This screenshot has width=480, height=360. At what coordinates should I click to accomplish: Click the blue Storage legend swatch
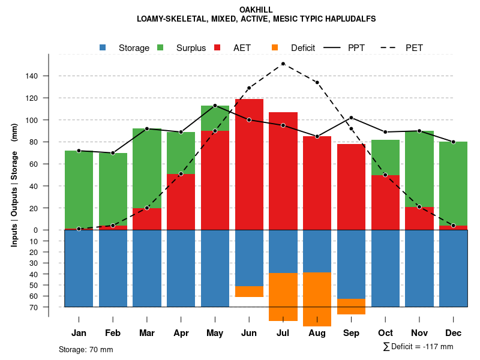[103, 47]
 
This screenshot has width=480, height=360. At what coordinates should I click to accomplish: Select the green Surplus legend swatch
[160, 47]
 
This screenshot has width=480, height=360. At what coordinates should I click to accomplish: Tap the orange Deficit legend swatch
[275, 47]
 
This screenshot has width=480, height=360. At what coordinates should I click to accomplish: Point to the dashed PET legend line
[390, 47]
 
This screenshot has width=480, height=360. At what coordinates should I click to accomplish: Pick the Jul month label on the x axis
[283, 333]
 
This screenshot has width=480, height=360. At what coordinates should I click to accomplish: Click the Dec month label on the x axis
[454, 333]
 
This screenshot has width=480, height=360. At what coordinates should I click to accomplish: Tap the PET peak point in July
[283, 64]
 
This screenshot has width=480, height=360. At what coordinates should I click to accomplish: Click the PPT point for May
[215, 106]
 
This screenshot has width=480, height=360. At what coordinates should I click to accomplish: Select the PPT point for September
[351, 118]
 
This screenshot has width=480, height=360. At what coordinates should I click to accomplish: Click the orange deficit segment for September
[351, 306]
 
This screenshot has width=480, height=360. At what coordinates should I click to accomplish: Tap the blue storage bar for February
[113, 268]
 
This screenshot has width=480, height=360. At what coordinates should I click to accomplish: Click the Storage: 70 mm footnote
[86, 349]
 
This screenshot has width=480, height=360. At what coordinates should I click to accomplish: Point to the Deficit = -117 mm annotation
[418, 347]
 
